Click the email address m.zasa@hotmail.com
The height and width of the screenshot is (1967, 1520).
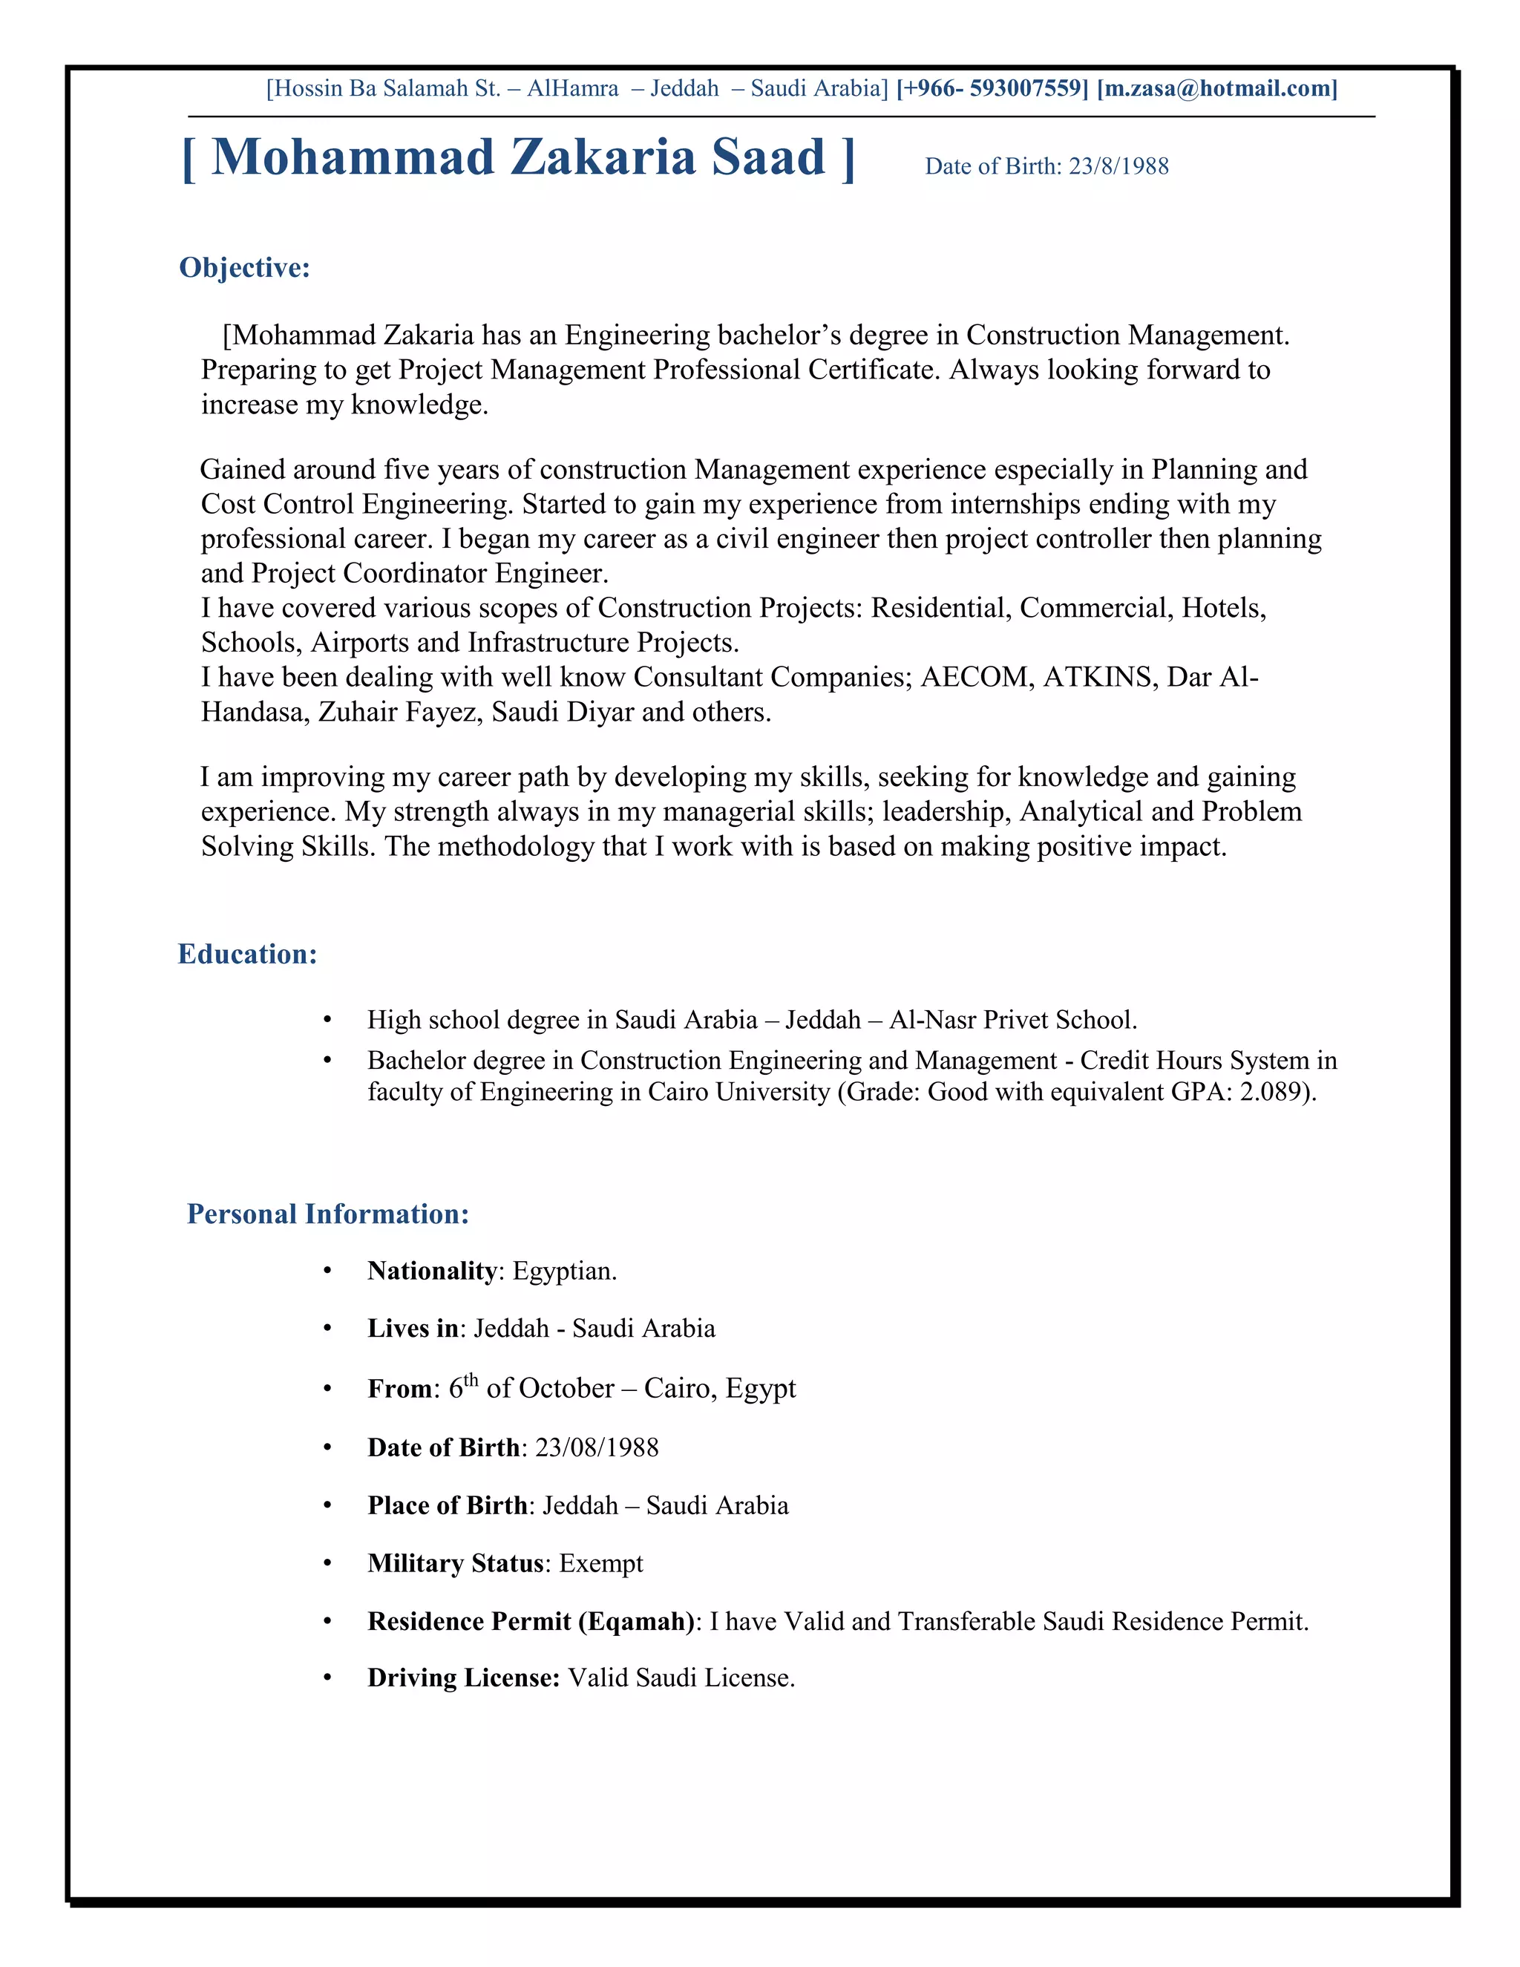[x=1216, y=88]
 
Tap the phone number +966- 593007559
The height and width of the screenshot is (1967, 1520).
[x=992, y=88]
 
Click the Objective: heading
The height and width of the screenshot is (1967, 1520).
[x=245, y=267]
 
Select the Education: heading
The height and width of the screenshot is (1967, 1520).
[x=248, y=954]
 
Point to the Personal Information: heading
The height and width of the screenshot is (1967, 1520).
[x=328, y=1214]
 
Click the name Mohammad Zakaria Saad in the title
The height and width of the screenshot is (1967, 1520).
[x=518, y=157]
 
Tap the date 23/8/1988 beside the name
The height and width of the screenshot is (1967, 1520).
[x=1118, y=166]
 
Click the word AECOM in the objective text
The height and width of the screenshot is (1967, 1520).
[x=975, y=677]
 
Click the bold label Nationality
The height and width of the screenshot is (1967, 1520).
[x=431, y=1271]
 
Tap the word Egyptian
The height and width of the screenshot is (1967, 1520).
[x=564, y=1271]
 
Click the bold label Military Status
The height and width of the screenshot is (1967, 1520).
[x=456, y=1563]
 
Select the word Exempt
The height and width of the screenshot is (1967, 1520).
[x=600, y=1563]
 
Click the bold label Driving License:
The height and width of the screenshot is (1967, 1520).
[x=464, y=1679]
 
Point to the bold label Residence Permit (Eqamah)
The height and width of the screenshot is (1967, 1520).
[x=531, y=1621]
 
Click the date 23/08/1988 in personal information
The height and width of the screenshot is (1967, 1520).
[x=597, y=1447]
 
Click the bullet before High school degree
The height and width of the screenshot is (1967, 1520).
[x=328, y=1021]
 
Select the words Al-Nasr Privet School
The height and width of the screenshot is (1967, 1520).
[x=1012, y=1021]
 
